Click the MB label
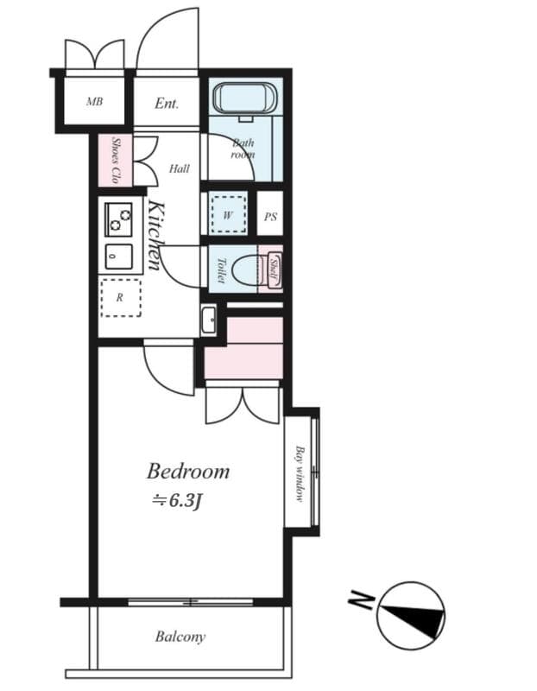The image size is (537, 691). [x=94, y=102]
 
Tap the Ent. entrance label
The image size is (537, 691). [x=167, y=104]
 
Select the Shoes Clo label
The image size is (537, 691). [x=116, y=160]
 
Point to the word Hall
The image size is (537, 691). [x=179, y=168]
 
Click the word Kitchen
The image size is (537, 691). [x=155, y=235]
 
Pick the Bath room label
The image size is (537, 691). [x=243, y=149]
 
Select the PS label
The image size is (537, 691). [x=270, y=217]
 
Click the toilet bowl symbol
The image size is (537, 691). [x=245, y=269]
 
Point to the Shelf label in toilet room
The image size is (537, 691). [x=274, y=269]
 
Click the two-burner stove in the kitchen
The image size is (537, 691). [x=119, y=219]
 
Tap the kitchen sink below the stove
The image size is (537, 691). [x=119, y=257]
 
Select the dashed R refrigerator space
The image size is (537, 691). [x=119, y=297]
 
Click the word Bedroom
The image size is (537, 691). [x=188, y=472]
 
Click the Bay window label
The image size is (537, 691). [x=299, y=473]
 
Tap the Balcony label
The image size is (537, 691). [x=180, y=637]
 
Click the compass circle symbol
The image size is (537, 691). [x=412, y=616]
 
